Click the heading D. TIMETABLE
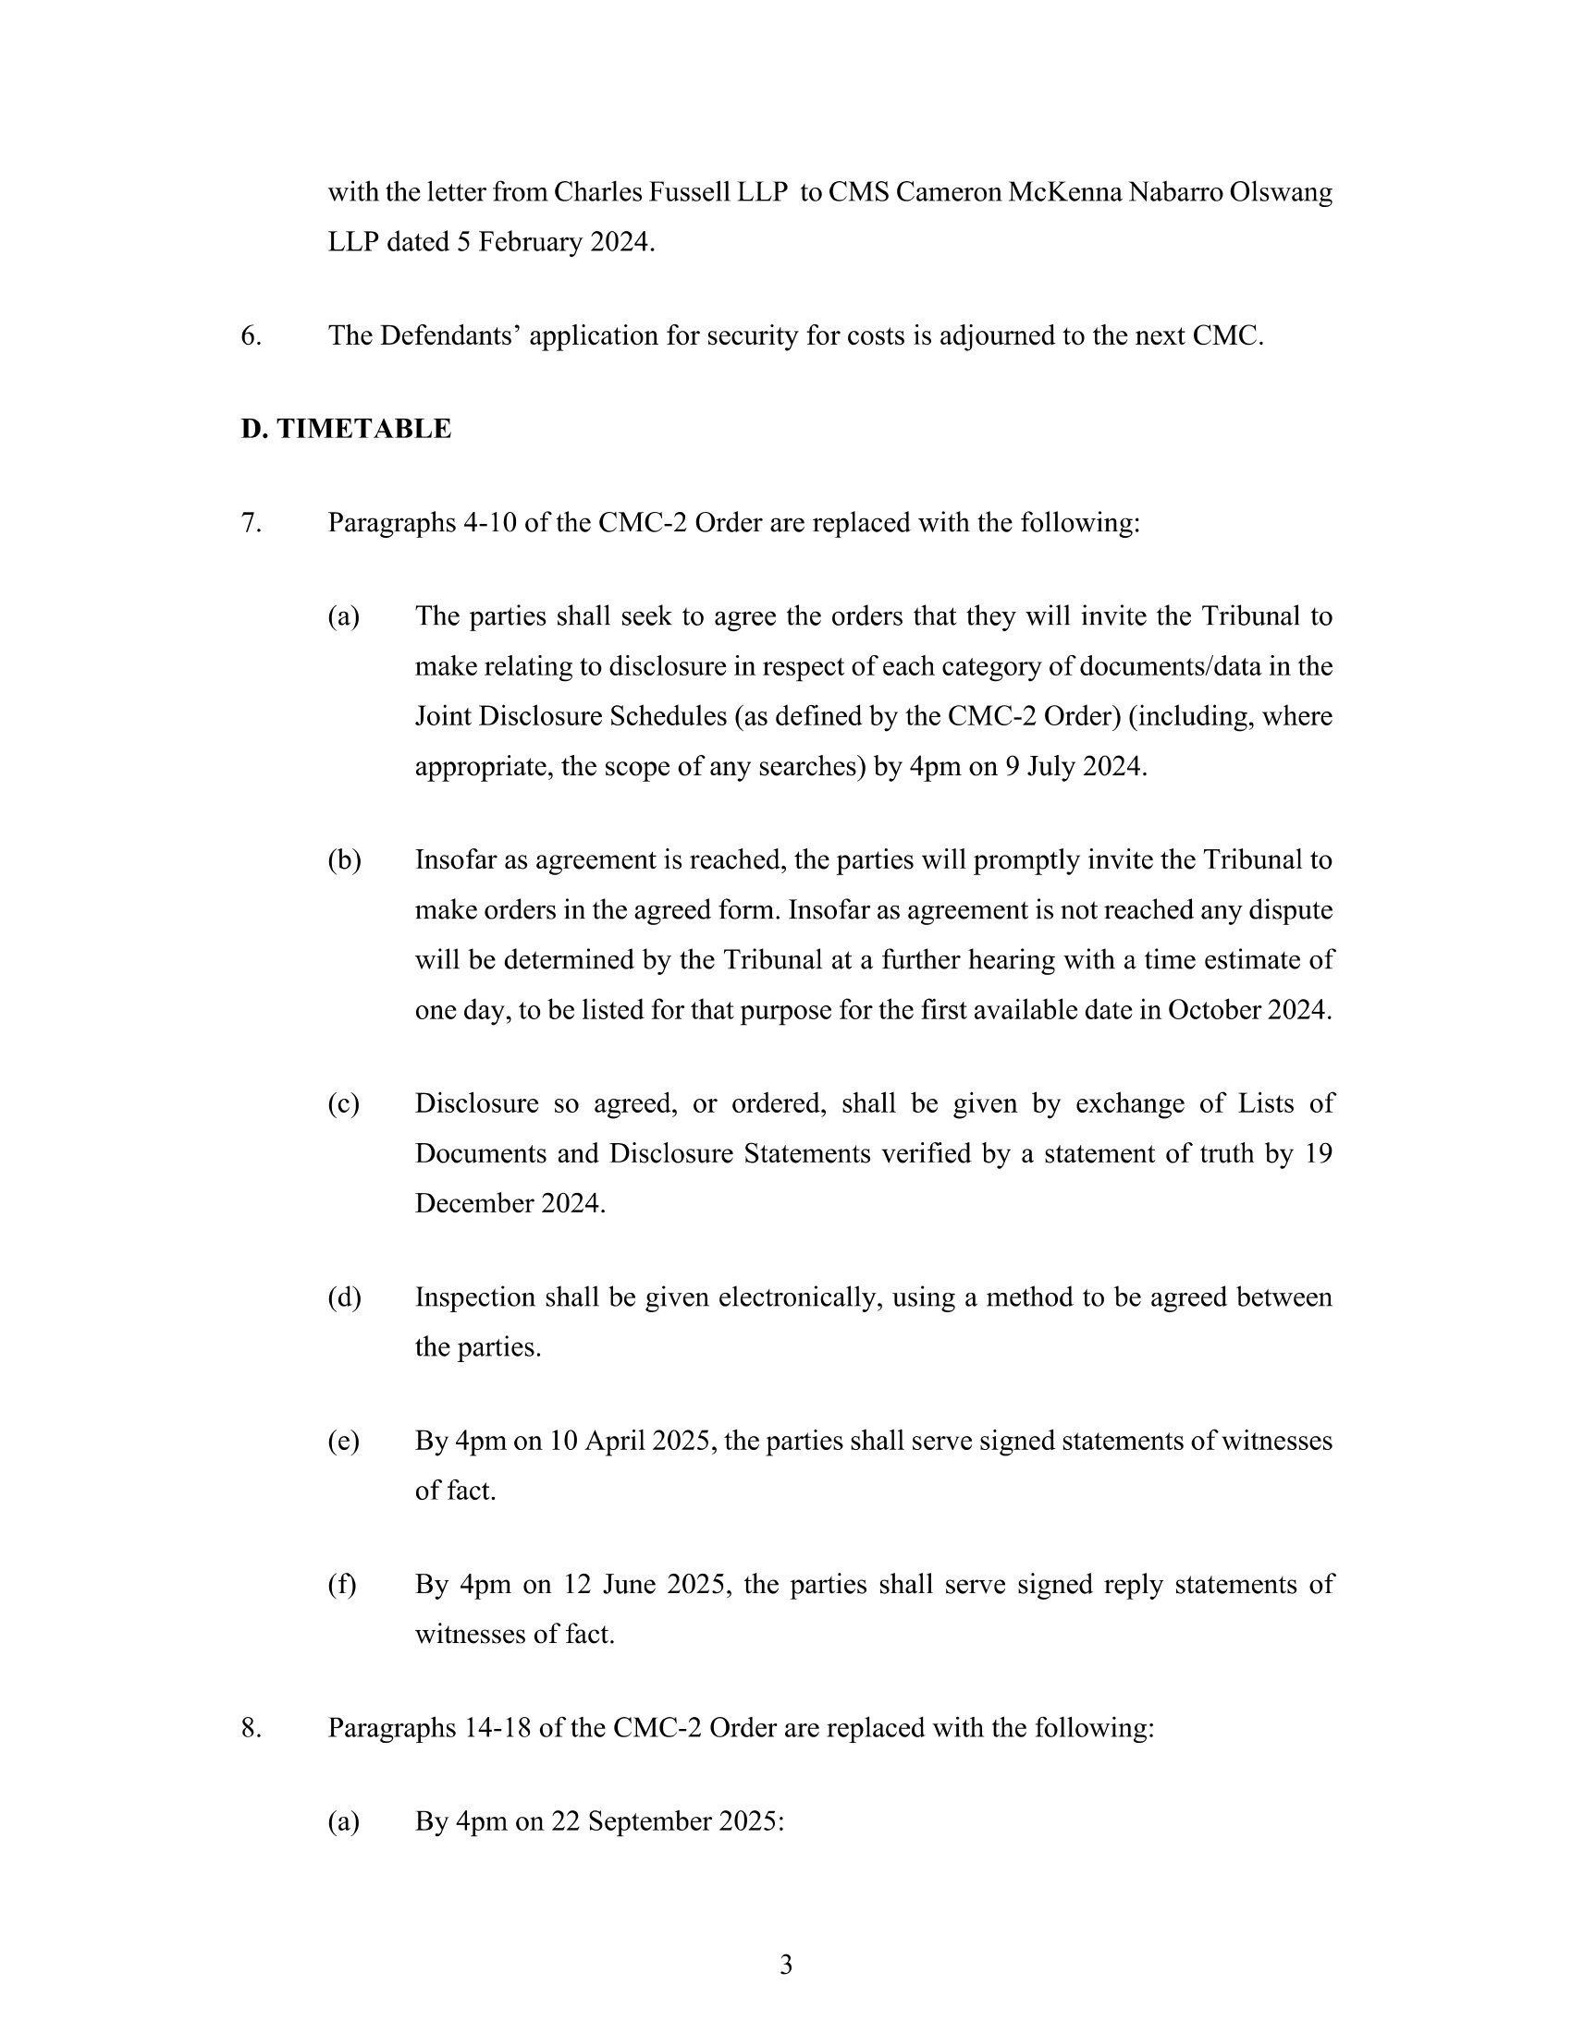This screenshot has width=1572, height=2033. [346, 429]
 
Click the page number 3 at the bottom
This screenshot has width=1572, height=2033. [785, 1964]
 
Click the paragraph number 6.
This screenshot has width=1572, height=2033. [251, 336]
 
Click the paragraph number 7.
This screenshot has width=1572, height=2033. [251, 523]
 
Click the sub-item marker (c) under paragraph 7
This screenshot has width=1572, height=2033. [343, 1104]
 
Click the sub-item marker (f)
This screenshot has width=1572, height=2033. [342, 1584]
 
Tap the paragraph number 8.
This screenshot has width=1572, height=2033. [251, 1728]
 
